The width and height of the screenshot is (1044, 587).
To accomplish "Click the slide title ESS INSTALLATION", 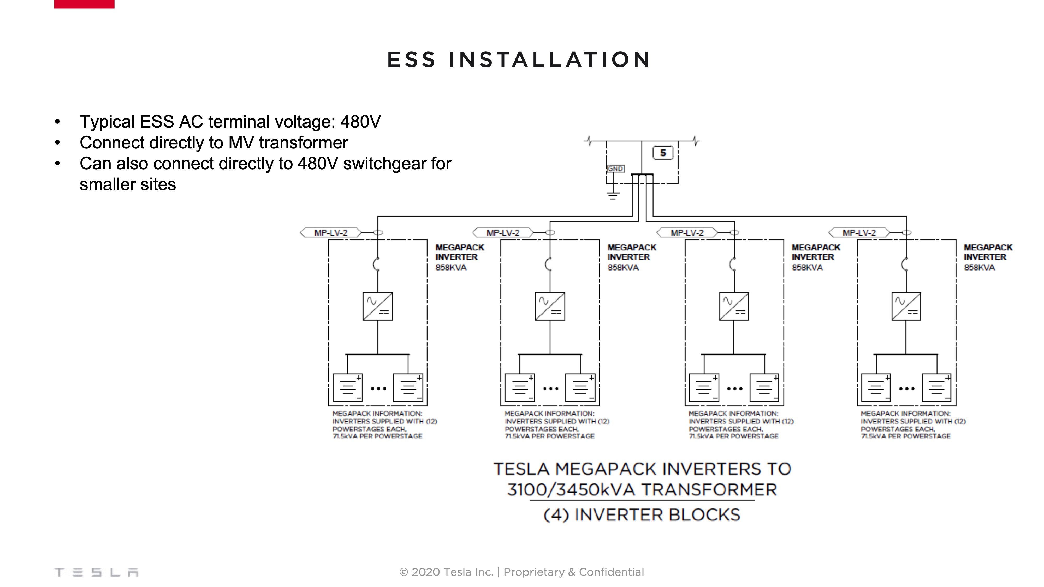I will [519, 60].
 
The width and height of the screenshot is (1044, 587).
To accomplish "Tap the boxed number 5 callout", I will [663, 153].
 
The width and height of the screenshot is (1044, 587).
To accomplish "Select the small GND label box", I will [615, 169].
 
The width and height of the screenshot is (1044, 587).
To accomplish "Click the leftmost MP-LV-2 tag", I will [331, 232].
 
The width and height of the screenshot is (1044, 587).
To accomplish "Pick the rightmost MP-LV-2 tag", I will [859, 232].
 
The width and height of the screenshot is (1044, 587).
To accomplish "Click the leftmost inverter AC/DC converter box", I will [377, 306].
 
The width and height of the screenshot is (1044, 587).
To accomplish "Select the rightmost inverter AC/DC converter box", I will [906, 306].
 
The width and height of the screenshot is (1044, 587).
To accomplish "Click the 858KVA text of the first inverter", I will [451, 267].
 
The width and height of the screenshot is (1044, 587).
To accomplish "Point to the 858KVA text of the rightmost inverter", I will [979, 267].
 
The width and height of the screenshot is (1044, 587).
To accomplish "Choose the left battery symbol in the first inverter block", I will [347, 388].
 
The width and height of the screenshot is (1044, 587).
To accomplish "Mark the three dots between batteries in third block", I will [734, 388].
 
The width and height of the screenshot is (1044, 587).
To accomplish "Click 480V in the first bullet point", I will [360, 122].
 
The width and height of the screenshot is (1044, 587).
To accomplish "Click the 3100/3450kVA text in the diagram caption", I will [571, 490].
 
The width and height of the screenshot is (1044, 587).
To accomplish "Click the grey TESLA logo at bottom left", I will [96, 572].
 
